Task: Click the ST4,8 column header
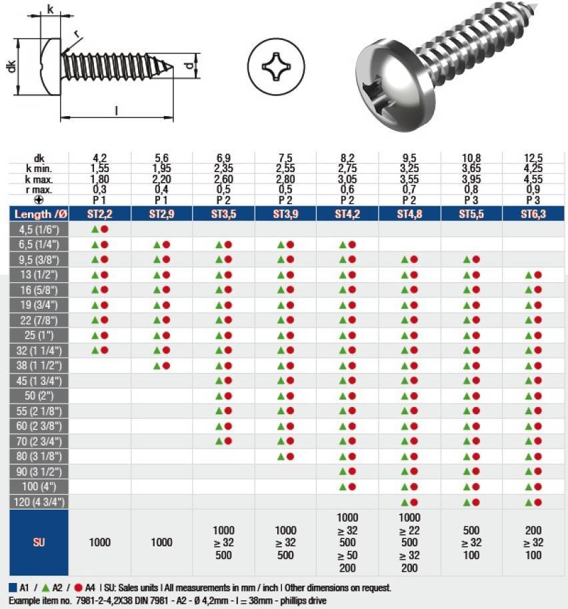409,214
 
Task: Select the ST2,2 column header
100,214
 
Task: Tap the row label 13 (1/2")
39,275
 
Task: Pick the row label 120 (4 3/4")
39,502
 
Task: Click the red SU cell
39,542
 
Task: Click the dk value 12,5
533,158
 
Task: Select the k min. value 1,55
100,168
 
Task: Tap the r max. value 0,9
533,189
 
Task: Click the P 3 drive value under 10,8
471,200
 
